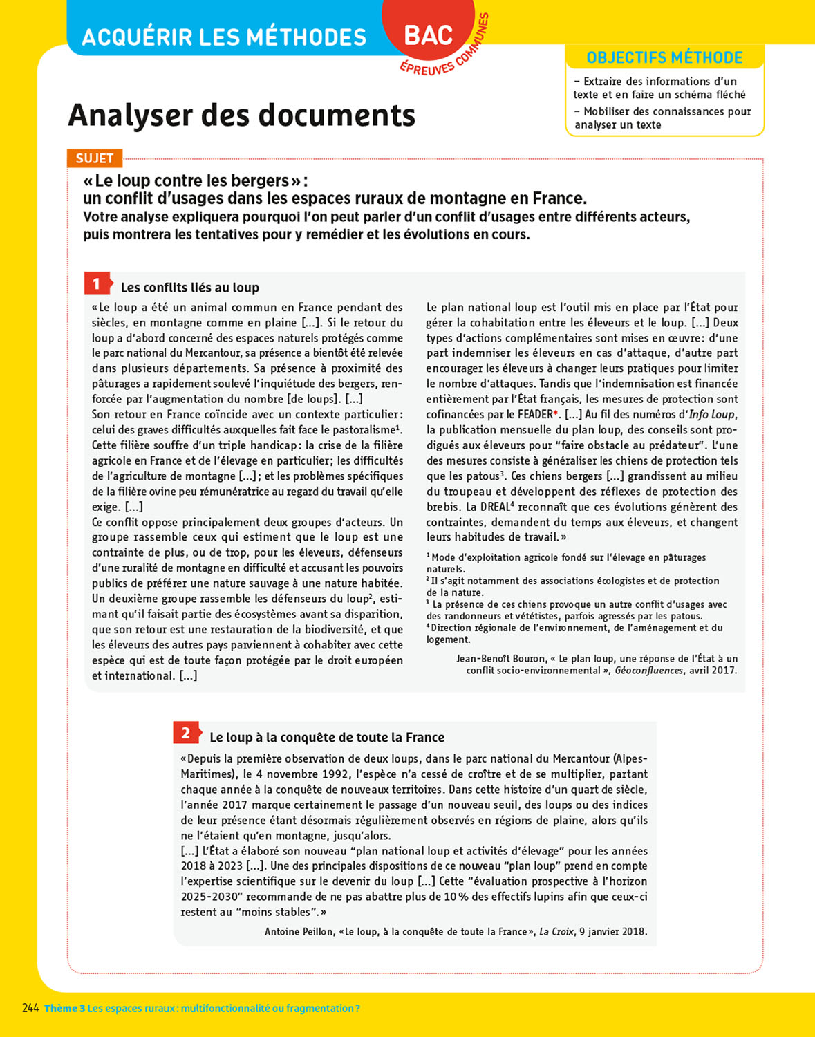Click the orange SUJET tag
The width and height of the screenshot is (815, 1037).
[x=95, y=158]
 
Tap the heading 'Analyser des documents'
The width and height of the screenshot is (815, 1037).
[x=241, y=115]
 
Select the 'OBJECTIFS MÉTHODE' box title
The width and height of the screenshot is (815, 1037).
[x=664, y=58]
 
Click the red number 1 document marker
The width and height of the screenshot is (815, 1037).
[x=97, y=283]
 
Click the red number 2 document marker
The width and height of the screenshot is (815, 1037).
[x=185, y=734]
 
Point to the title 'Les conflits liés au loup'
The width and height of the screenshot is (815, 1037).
[x=190, y=288]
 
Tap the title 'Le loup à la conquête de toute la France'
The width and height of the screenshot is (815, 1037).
[x=327, y=738]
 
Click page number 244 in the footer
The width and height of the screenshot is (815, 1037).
[x=30, y=1008]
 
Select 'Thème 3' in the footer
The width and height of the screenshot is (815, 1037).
[x=64, y=1009]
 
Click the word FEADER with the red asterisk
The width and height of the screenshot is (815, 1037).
[x=536, y=415]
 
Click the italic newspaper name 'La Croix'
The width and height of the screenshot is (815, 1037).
[x=556, y=932]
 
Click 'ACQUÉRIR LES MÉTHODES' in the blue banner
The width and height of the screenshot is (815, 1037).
[x=224, y=37]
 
